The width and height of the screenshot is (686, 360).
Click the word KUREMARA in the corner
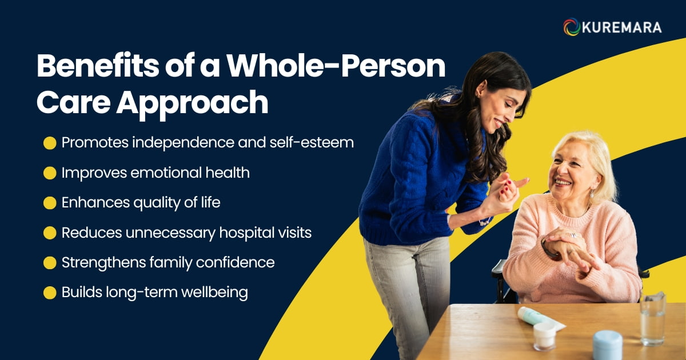622,27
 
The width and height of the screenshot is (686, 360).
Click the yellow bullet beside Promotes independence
50,143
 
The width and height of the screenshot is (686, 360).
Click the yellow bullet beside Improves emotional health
50,173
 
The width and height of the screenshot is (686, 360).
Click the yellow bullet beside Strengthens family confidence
50,263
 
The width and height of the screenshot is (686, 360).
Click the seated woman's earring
592,193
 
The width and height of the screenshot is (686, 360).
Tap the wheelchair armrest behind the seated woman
498,267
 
